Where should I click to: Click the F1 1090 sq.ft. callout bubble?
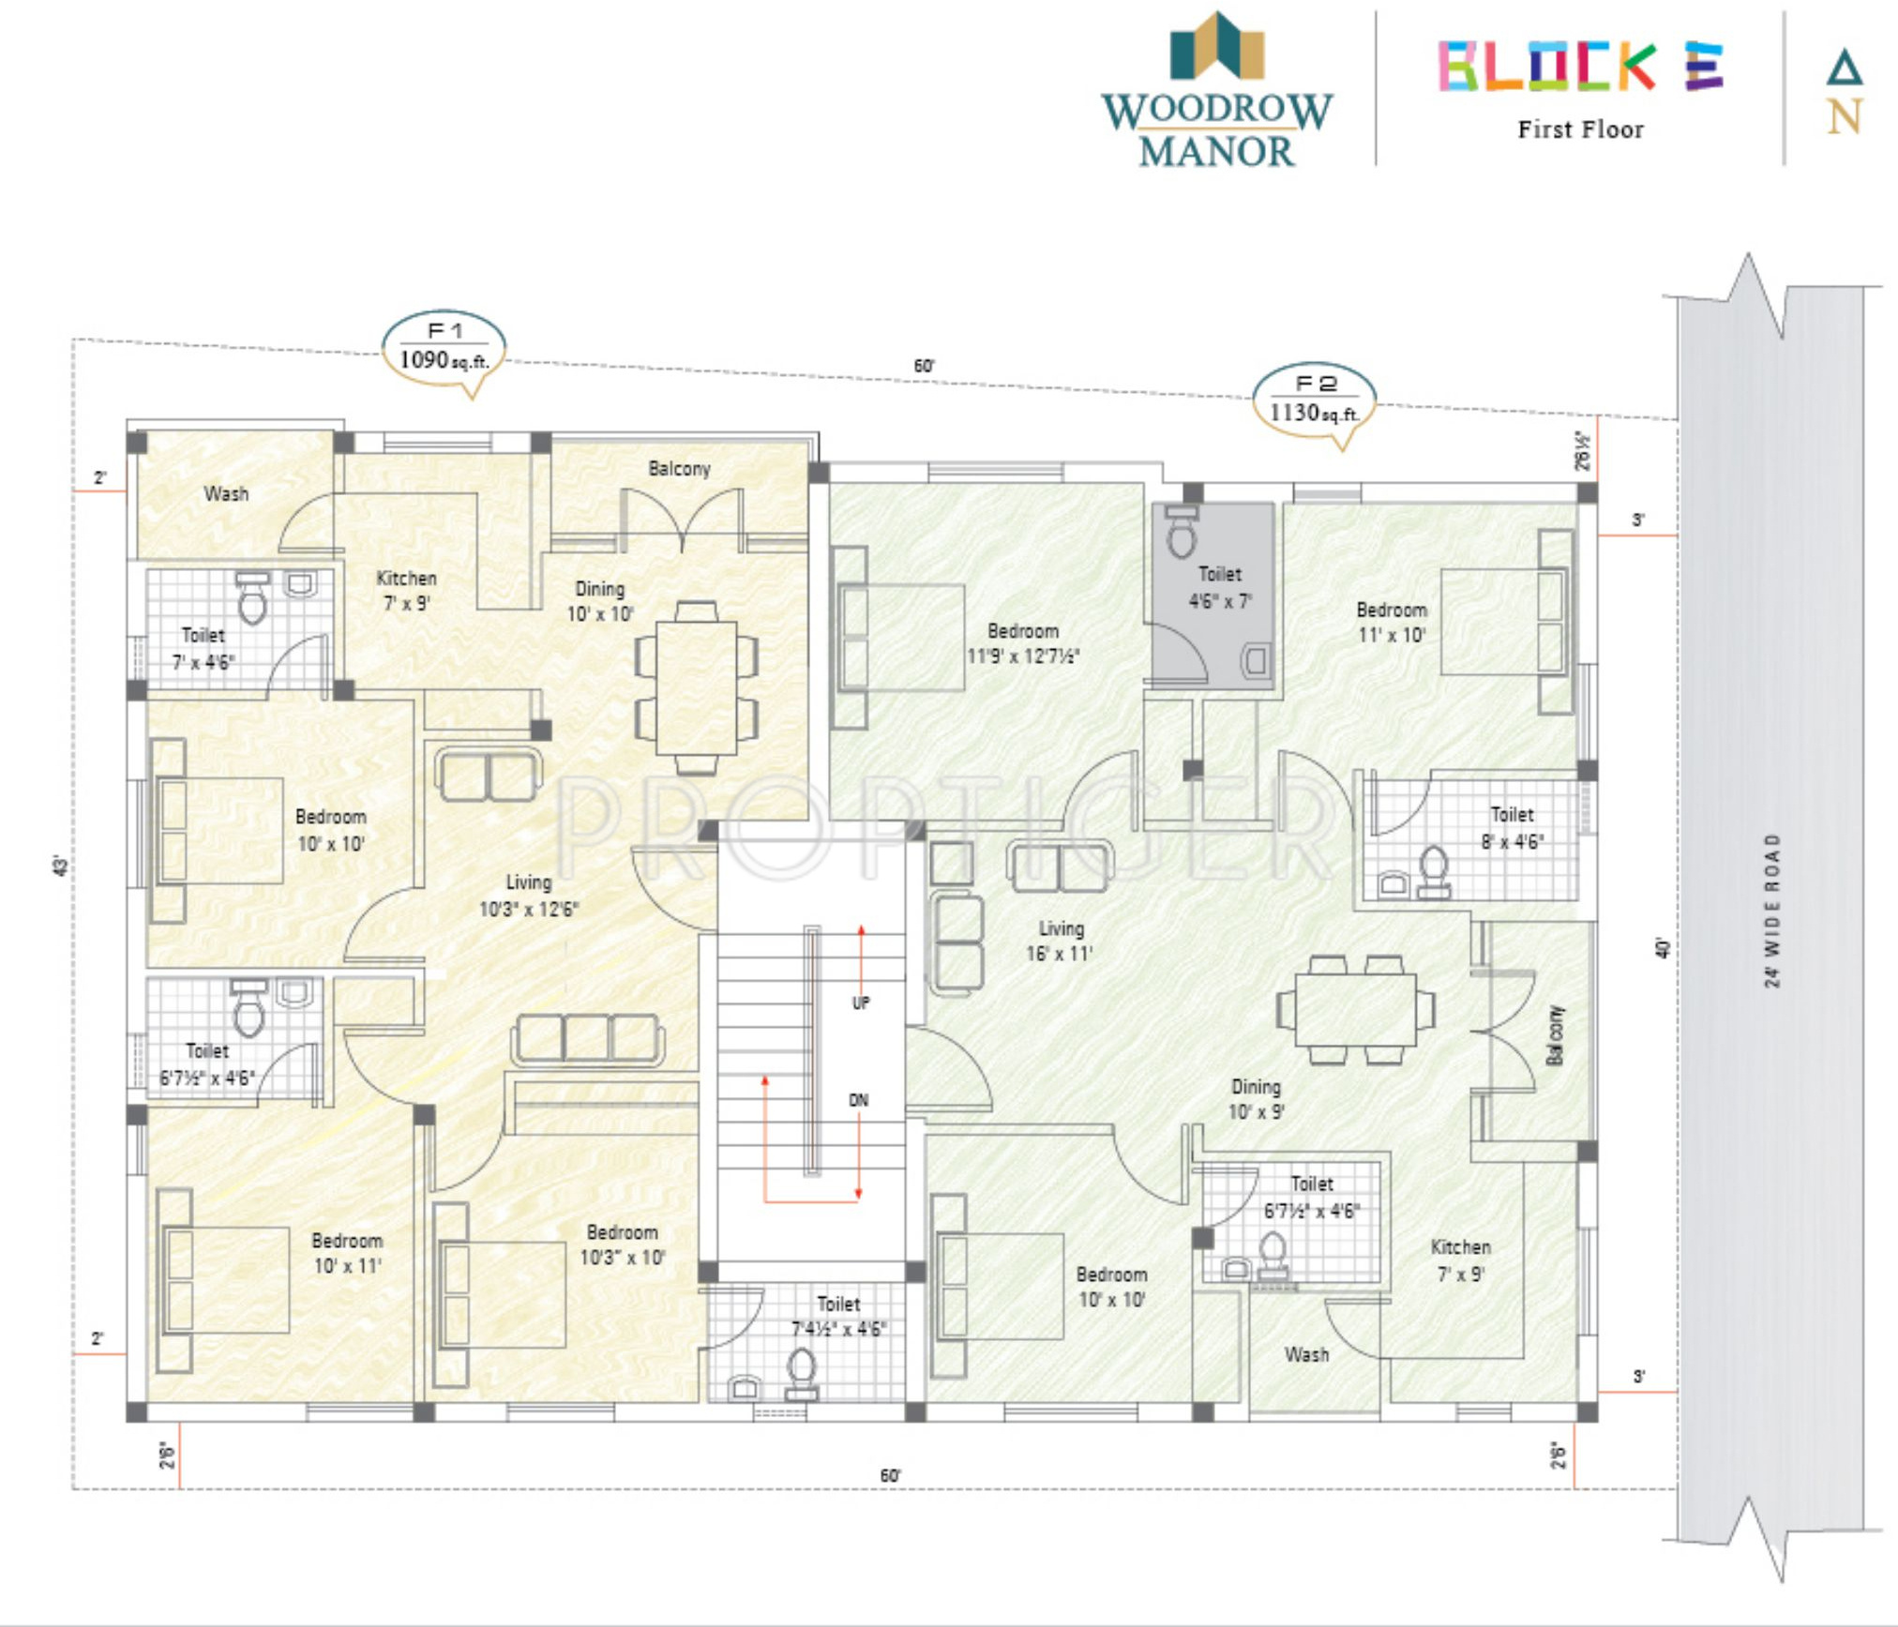pos(444,350)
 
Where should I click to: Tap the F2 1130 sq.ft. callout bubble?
pos(1314,402)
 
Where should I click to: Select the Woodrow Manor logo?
pos(1216,90)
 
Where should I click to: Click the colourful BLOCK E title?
pos(1581,66)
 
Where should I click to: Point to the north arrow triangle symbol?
pos(1844,68)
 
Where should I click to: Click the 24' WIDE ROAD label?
pos(1771,910)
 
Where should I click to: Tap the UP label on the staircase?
pos(861,1002)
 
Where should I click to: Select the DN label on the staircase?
pos(859,1100)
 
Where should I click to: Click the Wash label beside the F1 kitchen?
pos(227,493)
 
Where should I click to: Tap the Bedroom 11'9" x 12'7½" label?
pos(1023,643)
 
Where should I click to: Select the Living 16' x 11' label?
pos(1061,941)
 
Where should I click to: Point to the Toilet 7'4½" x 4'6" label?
pos(838,1316)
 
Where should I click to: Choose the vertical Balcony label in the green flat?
pos(1556,1035)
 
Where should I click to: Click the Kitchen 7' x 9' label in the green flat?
pos(1460,1259)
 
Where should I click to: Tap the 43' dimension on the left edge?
pos(61,865)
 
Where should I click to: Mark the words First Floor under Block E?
pos(1581,129)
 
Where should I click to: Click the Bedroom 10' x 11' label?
pos(347,1253)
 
